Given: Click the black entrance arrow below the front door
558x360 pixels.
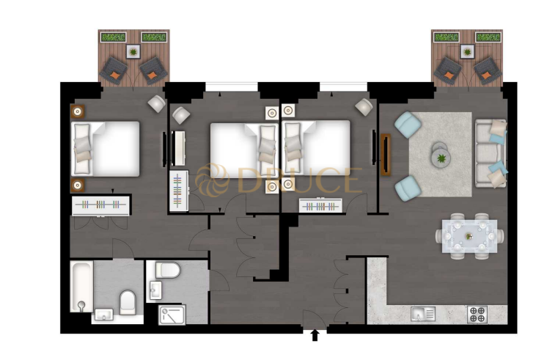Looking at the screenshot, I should coord(315,335).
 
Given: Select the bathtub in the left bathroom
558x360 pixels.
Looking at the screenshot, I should coord(81,287).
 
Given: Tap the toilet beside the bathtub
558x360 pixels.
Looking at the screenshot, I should coord(128,301).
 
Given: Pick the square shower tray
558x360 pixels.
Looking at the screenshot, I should coord(173,314).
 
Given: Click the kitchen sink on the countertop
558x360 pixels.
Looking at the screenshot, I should coord(422,314).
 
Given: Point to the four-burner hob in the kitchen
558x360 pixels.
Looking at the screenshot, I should coord(477,314).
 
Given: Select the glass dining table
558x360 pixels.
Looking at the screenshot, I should coord(469,235).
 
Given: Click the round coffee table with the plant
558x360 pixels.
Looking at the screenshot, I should coord(441,155).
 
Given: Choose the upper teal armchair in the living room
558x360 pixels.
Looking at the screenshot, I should coord(408,125).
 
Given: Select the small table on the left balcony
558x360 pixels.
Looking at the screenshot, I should coord(133,51).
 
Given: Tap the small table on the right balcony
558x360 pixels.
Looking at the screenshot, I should coord(466,51).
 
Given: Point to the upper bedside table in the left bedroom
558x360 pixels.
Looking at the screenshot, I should coord(77,111).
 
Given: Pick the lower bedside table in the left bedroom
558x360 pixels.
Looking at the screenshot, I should coord(77,184).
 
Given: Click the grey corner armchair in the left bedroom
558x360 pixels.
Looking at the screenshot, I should coord(157,103).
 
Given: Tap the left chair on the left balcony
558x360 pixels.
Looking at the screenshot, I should coord(114,70).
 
